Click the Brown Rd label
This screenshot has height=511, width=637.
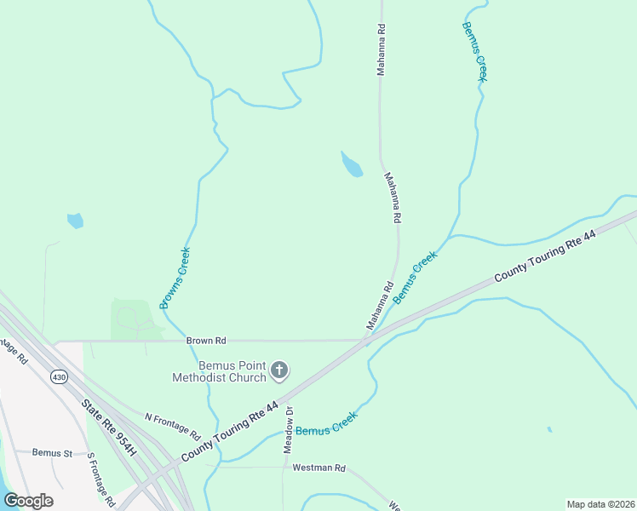coord(207,341)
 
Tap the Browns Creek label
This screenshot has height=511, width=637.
coord(175,278)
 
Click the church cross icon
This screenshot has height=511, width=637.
coord(279,370)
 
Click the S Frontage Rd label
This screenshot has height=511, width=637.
coord(101,478)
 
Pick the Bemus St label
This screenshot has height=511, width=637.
coord(52,453)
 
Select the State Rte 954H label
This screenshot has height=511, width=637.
coord(109,428)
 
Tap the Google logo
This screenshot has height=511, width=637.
coord(28,501)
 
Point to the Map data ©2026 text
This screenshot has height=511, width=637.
coord(600,504)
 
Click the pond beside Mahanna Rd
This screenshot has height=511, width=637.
coord(351,164)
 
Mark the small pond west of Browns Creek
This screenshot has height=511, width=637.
coord(75,221)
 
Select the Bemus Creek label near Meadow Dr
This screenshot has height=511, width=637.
coord(326,423)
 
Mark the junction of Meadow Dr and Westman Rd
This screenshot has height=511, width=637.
coord(284,467)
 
